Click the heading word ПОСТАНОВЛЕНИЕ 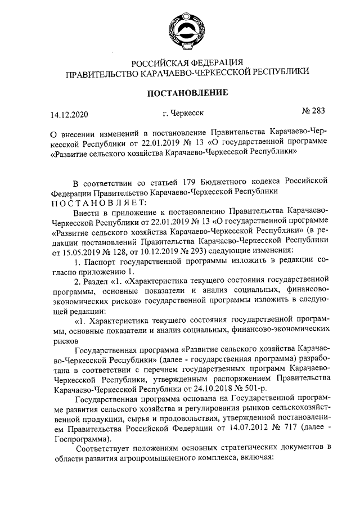[187, 92]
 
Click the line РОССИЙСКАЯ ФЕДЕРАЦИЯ [187, 62]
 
